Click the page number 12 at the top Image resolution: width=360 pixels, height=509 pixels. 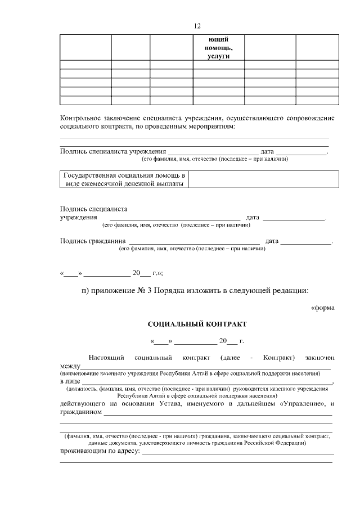[x=197, y=26]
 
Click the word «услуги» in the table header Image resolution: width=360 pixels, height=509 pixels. [x=218, y=56]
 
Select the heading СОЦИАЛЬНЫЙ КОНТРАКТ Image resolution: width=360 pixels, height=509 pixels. [x=196, y=325]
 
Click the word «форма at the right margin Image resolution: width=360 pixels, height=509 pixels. [x=323, y=307]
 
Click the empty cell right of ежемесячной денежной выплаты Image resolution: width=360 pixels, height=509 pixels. [x=263, y=179]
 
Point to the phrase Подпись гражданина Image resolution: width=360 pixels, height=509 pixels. [x=92, y=241]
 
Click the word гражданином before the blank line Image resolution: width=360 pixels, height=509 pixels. [x=80, y=412]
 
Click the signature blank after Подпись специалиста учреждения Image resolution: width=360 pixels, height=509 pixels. [x=174, y=218]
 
